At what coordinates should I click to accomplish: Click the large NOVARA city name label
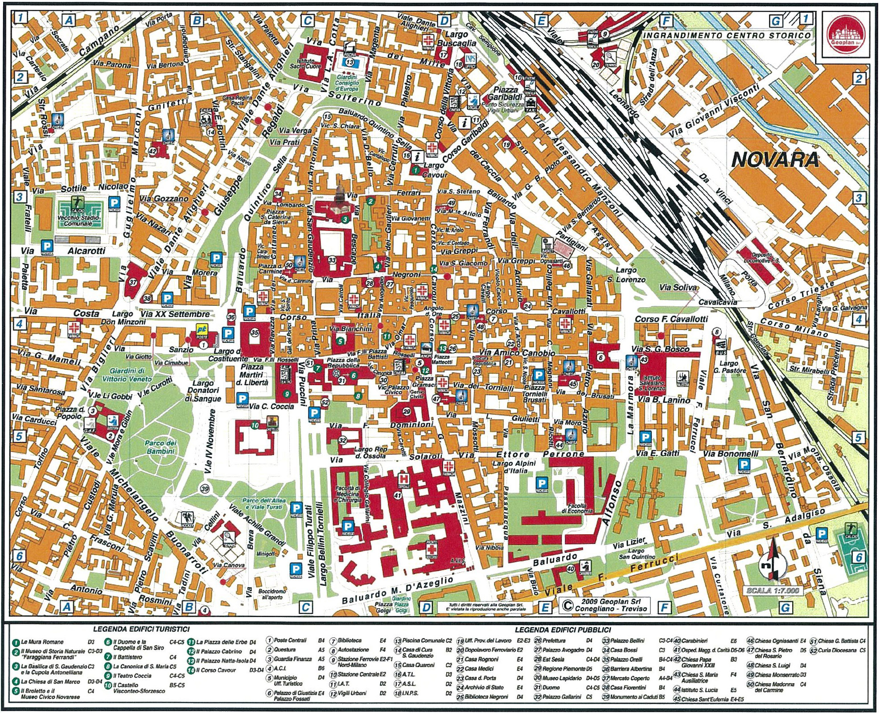pos(775,159)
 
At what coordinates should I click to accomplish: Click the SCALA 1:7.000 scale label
pos(772,591)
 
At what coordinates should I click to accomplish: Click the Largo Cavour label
pos(433,170)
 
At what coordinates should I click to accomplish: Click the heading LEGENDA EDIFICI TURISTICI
pos(141,629)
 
